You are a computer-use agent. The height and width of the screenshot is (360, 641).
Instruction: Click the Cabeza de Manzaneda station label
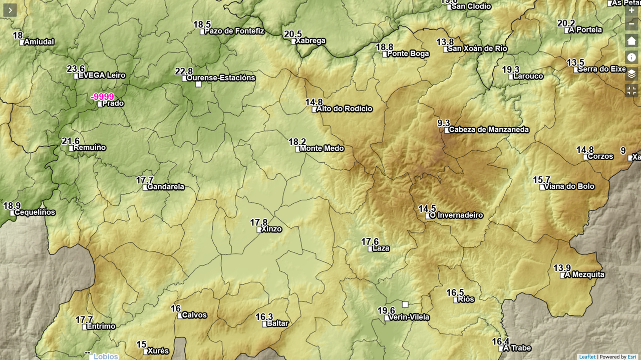click(x=488, y=130)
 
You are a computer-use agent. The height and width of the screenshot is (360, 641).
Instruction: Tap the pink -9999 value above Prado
click(x=103, y=97)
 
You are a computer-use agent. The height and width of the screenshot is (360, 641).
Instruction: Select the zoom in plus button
click(x=631, y=10)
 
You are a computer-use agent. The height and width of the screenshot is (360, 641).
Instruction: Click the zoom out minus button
click(x=631, y=24)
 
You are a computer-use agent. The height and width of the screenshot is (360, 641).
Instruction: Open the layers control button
click(x=631, y=74)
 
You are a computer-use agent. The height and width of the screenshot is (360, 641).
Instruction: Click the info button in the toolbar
click(x=631, y=57)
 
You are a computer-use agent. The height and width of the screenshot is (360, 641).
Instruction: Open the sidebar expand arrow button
click(x=10, y=10)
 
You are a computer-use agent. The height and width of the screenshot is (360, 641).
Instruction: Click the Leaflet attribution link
click(x=587, y=356)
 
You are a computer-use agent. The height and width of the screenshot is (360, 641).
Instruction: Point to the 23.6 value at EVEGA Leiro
click(x=76, y=69)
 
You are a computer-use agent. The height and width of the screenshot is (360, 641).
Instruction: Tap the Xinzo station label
click(x=271, y=229)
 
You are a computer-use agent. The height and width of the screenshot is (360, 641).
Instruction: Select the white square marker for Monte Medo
click(x=298, y=149)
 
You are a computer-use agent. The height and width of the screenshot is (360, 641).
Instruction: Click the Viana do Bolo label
click(x=569, y=187)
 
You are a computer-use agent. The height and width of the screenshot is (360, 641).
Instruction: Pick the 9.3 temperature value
click(x=443, y=123)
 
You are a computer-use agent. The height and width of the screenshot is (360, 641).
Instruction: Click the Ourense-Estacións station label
click(x=220, y=78)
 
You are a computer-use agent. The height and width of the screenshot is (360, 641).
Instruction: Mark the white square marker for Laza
click(x=371, y=249)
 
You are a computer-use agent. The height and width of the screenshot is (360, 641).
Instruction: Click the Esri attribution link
click(x=632, y=356)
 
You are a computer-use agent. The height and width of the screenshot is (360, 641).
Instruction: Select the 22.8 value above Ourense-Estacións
click(x=184, y=72)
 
